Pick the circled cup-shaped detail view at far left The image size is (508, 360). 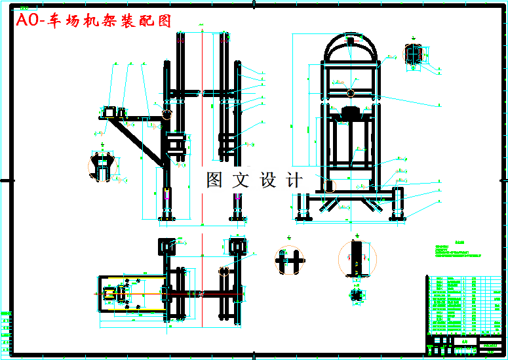click(102, 165)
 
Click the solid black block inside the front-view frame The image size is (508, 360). click(351, 111)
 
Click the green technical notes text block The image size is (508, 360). click(459, 252)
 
